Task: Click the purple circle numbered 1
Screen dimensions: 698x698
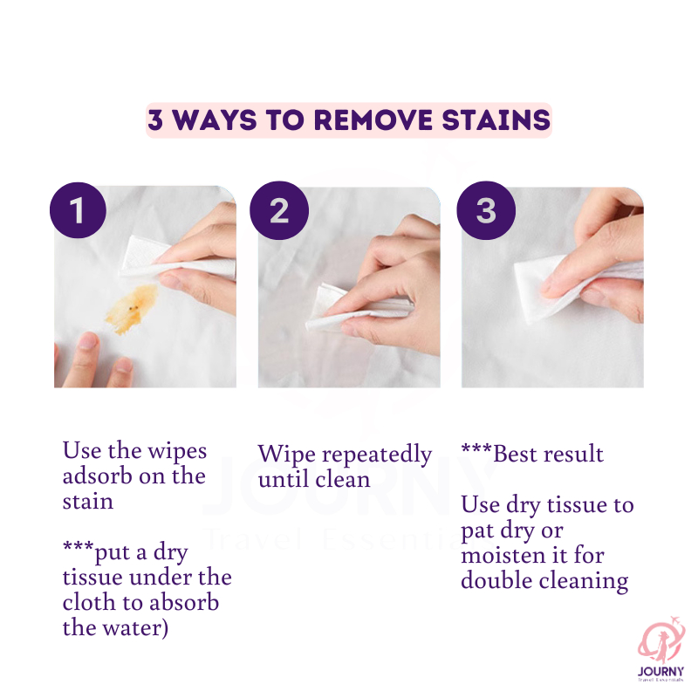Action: pyautogui.click(x=78, y=209)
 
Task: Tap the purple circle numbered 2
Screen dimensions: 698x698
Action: pyautogui.click(x=279, y=210)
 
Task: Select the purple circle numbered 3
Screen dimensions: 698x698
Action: pyautogui.click(x=486, y=210)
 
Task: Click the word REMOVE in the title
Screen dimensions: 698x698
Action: pyautogui.click(x=373, y=120)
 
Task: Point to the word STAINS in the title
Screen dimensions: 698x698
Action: pyautogui.click(x=496, y=120)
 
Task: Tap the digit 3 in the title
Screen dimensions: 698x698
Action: pyautogui.click(x=155, y=120)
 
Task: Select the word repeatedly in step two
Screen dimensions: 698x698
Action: pyautogui.click(x=377, y=455)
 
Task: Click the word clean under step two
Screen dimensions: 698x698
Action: pyautogui.click(x=343, y=479)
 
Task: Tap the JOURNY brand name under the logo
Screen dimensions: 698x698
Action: pyautogui.click(x=660, y=671)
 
